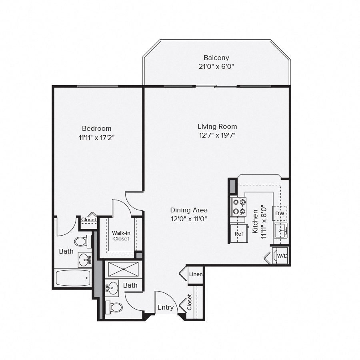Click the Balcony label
click(x=216, y=58)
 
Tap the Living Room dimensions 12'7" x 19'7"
click(x=217, y=135)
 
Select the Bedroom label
click(x=96, y=128)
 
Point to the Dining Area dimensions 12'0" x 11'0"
click(x=189, y=219)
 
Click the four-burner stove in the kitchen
click(x=239, y=207)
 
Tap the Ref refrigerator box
click(x=239, y=234)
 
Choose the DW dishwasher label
click(x=280, y=214)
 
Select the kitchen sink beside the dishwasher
click(x=280, y=231)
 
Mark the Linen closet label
click(x=196, y=274)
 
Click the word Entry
click(x=166, y=307)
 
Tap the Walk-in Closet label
click(x=121, y=236)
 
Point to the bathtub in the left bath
click(x=73, y=278)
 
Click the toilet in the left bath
click(x=82, y=241)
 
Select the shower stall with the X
click(x=123, y=269)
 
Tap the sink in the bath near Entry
click(x=112, y=288)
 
